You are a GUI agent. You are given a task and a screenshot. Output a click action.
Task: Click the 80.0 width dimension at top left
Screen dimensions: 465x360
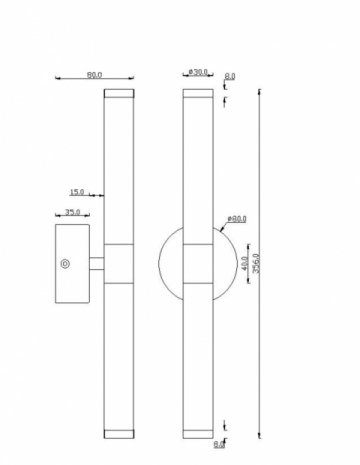96,73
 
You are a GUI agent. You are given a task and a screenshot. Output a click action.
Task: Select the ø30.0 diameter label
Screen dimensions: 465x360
197,73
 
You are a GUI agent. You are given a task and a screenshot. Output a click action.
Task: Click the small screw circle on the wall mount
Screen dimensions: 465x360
66,264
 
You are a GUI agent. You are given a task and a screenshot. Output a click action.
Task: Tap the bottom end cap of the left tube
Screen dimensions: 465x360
117,434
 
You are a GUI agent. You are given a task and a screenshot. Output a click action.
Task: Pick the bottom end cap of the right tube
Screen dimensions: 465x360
197,434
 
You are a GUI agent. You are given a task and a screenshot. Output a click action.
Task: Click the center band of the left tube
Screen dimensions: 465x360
117,264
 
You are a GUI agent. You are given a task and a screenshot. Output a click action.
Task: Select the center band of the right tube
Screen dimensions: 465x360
197,264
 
